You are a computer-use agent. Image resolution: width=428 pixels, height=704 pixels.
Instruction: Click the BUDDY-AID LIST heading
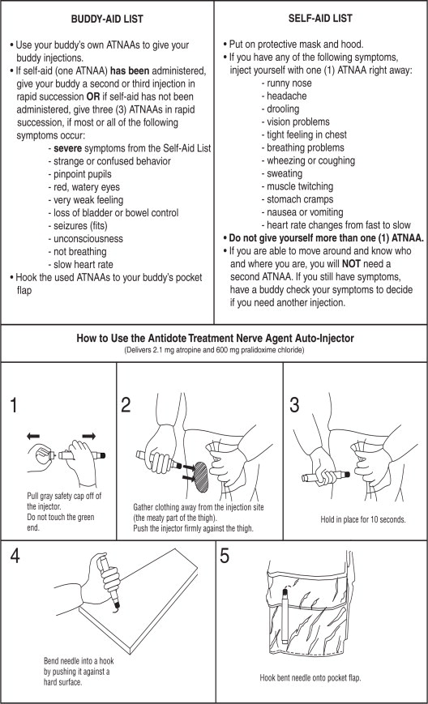click(107, 19)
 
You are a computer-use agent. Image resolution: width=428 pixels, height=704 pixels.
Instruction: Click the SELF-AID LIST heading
click(320, 19)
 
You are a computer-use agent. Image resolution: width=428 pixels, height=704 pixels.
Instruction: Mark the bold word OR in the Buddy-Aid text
click(93, 96)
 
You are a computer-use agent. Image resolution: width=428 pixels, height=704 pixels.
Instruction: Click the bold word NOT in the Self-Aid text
click(351, 263)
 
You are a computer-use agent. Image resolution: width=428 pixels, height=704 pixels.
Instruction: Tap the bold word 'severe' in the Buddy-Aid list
click(67, 148)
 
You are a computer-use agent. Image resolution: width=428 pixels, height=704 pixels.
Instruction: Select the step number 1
click(14, 405)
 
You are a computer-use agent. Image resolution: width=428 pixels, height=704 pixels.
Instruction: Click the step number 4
click(15, 556)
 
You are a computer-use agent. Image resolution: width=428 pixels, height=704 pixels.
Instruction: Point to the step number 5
click(224, 556)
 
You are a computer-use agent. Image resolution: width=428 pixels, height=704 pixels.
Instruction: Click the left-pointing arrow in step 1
click(33, 436)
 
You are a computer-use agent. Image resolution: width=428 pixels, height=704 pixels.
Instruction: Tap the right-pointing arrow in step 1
click(89, 436)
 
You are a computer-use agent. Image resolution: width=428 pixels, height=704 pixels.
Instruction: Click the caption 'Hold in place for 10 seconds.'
click(363, 519)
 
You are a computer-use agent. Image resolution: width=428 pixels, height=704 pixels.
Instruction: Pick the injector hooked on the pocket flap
click(285, 615)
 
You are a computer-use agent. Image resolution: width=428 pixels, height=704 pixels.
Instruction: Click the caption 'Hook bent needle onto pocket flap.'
click(310, 678)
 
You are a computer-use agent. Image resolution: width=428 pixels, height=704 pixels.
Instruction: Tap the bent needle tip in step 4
click(118, 606)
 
